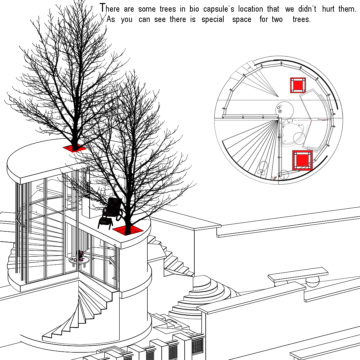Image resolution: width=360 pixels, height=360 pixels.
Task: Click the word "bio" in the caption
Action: [x=194, y=9]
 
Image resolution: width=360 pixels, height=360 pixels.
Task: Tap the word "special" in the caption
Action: [x=213, y=20]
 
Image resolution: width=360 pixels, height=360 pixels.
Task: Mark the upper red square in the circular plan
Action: [x=298, y=85]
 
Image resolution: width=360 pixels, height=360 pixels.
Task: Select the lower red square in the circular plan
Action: [x=302, y=160]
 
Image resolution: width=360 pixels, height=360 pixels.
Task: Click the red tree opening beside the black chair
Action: [x=128, y=230]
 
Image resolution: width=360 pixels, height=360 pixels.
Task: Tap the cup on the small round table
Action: [x=72, y=259]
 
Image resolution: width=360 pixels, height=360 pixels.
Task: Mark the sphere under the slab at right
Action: [x=312, y=281]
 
